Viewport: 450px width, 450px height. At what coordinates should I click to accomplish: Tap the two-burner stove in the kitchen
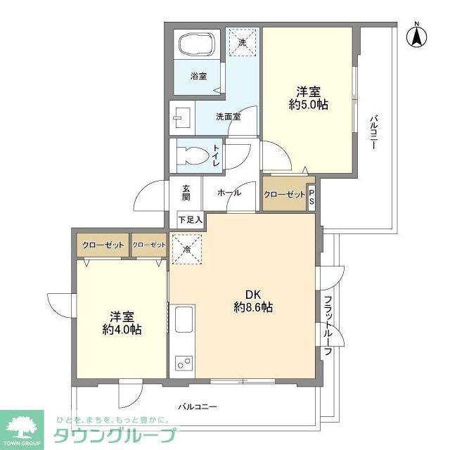(x=185, y=364)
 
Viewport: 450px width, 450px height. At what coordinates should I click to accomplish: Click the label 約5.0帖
(x=308, y=104)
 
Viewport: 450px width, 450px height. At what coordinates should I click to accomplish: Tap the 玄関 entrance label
(x=186, y=193)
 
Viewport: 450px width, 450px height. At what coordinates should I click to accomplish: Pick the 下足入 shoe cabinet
(x=190, y=220)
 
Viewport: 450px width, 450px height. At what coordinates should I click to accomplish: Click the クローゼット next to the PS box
(x=285, y=194)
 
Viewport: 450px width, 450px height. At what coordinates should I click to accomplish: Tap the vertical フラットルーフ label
(x=328, y=326)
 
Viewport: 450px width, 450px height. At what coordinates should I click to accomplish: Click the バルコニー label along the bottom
(x=198, y=406)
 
